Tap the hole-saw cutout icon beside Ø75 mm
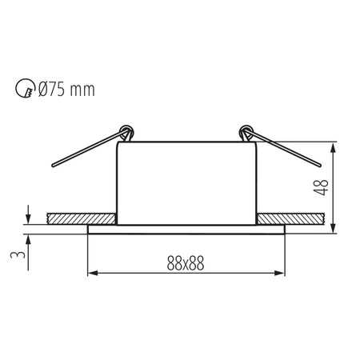(25, 88)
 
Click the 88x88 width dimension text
(186, 262)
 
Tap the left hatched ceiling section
(80, 218)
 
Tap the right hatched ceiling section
(292, 218)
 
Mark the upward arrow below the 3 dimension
(29, 238)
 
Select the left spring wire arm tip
(53, 166)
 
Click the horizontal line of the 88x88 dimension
(186, 274)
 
